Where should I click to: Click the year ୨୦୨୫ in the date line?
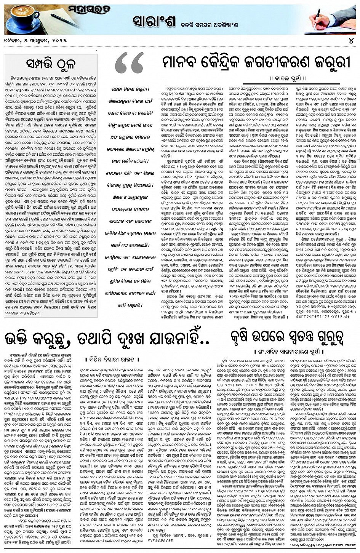point(59,40)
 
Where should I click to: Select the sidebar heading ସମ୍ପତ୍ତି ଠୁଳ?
point(51,61)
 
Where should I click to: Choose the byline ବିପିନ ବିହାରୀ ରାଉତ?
point(108,358)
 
